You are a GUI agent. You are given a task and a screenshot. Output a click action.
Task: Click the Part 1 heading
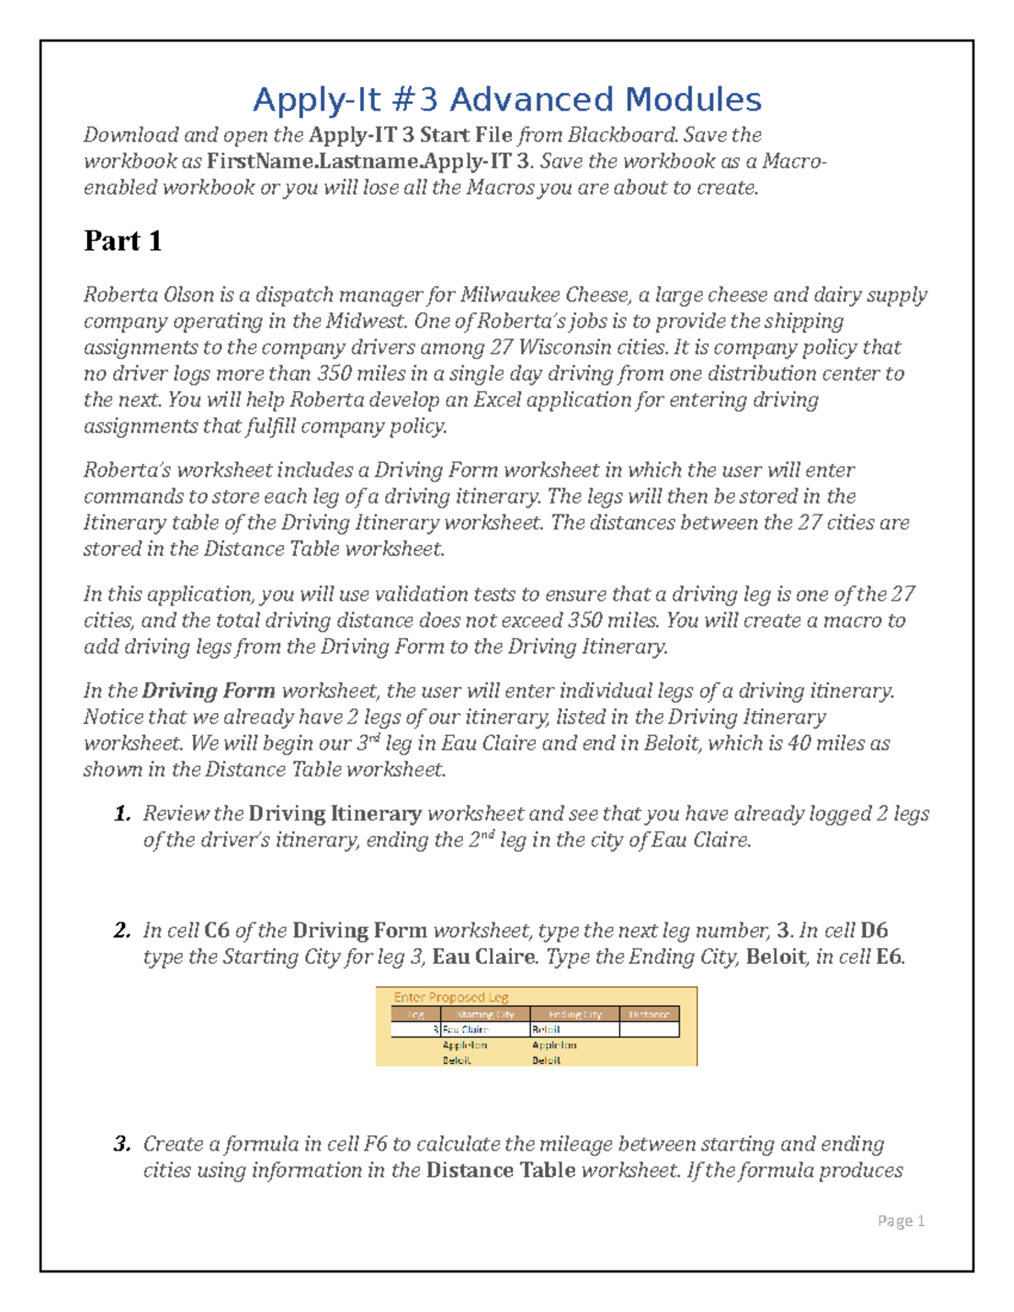(123, 241)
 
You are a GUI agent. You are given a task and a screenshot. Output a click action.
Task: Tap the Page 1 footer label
(901, 1220)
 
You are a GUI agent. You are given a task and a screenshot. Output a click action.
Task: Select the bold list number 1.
(123, 814)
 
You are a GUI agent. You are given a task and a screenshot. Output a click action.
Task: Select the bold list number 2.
(123, 930)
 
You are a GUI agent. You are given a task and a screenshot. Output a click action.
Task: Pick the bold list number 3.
(123, 1144)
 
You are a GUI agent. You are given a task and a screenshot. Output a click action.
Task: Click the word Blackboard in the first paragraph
(622, 135)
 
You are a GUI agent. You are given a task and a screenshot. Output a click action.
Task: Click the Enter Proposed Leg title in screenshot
(450, 997)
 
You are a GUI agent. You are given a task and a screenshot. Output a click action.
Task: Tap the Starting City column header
(485, 1015)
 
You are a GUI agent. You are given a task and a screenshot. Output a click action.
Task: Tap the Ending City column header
(575, 1015)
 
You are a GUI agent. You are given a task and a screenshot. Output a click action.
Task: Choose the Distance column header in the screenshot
(649, 1015)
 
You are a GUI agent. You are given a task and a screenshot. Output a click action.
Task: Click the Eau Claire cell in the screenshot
(466, 1030)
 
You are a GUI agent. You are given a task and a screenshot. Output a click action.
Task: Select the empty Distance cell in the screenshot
(649, 1030)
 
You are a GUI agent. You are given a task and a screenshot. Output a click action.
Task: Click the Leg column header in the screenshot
(416, 1015)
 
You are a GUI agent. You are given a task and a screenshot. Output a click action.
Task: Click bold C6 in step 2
(217, 930)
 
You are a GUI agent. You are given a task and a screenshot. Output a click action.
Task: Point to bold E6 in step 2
(889, 956)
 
